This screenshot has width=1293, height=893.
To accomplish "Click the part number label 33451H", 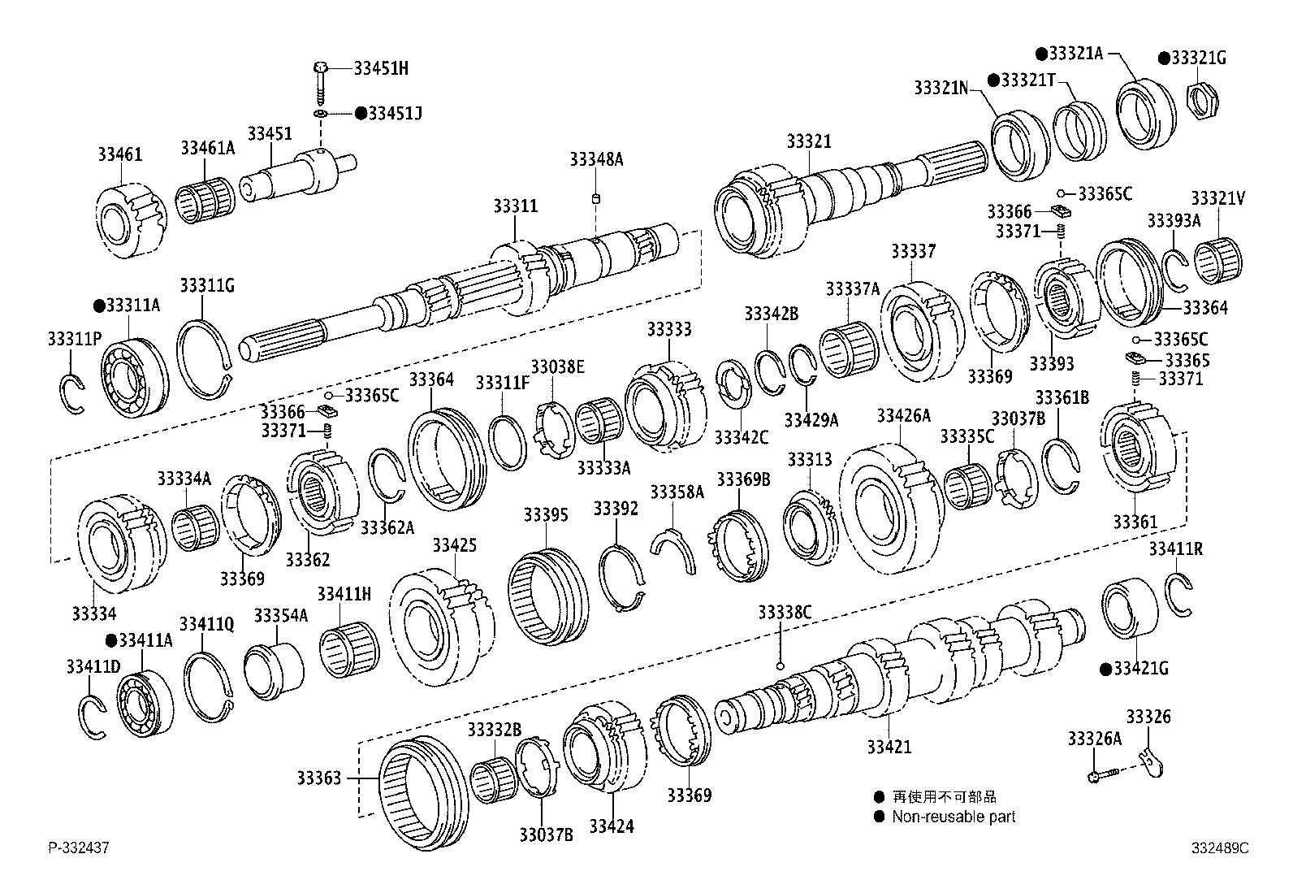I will click(x=381, y=68).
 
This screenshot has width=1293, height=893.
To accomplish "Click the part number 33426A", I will click(x=903, y=416).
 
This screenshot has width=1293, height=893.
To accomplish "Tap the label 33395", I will click(x=545, y=514).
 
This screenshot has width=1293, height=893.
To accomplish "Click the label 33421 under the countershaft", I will click(x=889, y=747).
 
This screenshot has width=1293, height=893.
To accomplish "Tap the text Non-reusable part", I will click(x=953, y=817).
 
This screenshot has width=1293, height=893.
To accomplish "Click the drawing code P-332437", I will click(x=78, y=848).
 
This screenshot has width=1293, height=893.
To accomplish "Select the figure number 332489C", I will click(x=1220, y=848).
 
